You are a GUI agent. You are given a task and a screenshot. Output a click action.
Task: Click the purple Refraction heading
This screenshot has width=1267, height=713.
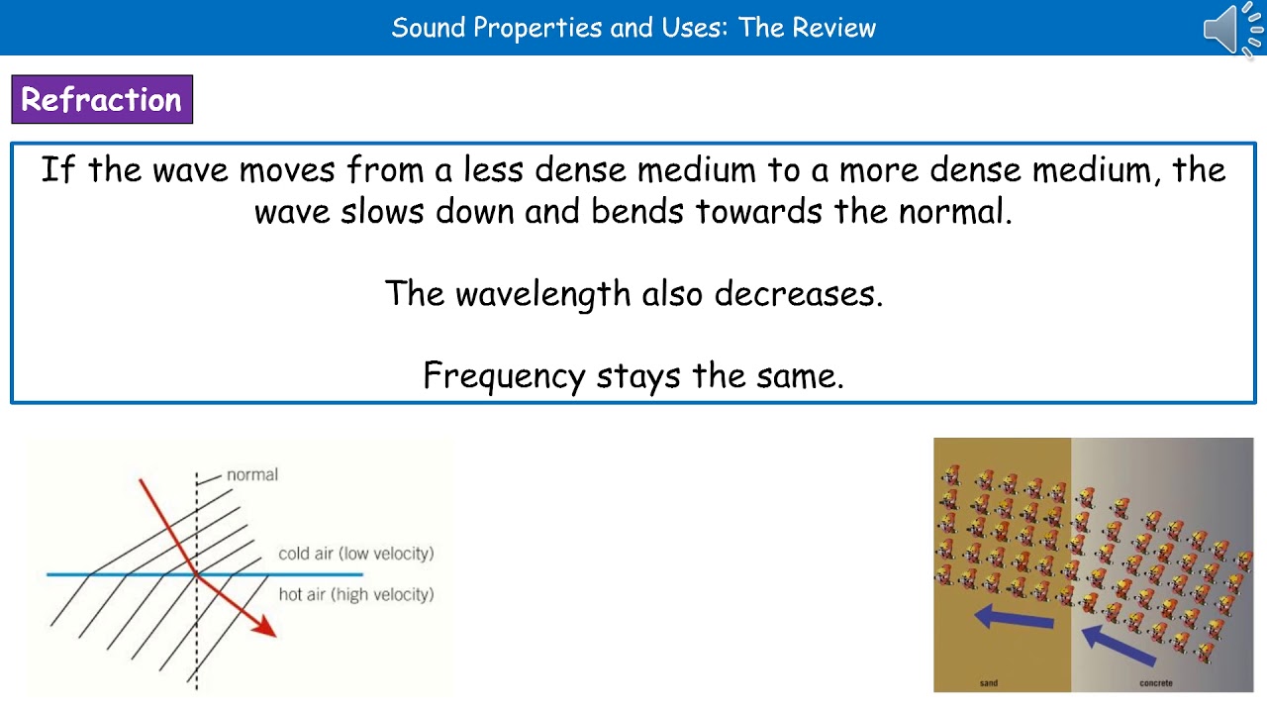tap(102, 99)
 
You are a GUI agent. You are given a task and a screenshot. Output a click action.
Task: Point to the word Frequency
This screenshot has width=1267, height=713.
tap(504, 376)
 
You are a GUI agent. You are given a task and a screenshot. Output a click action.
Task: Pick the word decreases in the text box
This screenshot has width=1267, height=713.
tap(798, 294)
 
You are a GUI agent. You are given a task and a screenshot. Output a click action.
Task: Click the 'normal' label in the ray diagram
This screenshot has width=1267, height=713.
tap(252, 475)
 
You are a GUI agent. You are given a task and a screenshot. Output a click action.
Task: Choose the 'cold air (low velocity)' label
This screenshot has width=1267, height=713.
tap(355, 554)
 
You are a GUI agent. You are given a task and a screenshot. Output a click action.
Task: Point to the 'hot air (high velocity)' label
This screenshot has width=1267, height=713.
tap(355, 594)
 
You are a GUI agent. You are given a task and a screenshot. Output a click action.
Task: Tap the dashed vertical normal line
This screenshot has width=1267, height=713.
tap(196, 654)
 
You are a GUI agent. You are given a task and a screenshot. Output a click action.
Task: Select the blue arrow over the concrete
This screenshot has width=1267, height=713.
tap(1119, 645)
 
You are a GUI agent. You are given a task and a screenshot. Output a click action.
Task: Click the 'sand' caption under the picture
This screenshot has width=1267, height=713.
tap(988, 683)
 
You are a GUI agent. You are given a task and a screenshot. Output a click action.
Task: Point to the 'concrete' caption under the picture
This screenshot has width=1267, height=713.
tap(1155, 683)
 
